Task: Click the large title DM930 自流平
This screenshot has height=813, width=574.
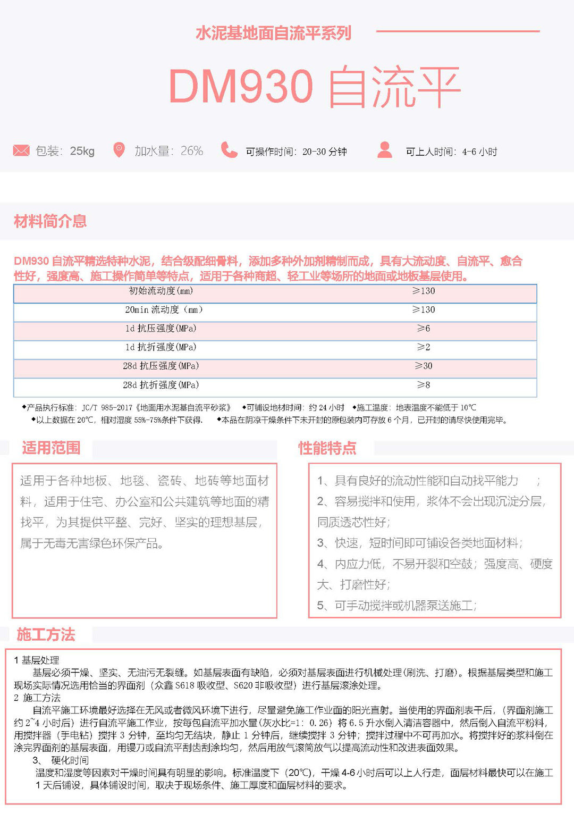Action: tap(314, 87)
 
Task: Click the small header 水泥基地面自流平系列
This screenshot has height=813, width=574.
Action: tap(273, 33)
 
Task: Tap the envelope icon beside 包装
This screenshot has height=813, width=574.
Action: tap(21, 150)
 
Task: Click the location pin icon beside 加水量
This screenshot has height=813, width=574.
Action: tap(119, 150)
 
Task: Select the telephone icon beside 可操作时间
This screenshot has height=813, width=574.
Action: tap(229, 150)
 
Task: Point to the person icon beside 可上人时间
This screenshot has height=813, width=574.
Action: tap(384, 150)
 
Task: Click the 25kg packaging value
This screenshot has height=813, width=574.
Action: tap(82, 151)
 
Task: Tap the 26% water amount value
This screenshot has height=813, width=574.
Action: tap(192, 151)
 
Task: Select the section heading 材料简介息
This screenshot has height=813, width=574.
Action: tap(50, 221)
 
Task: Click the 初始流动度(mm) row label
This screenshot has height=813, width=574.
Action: tap(161, 291)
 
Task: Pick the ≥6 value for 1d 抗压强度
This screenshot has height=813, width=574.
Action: tap(424, 329)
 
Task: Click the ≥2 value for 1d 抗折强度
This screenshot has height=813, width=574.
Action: tap(424, 347)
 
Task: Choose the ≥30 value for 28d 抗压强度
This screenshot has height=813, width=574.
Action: tap(424, 366)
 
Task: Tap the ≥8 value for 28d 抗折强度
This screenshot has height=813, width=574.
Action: tap(424, 385)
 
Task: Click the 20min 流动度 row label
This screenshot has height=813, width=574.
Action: tap(164, 309)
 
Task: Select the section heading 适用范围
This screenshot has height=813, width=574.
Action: tap(51, 448)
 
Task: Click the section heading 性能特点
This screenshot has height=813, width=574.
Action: tap(327, 448)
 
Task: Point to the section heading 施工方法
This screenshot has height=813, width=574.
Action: tap(46, 634)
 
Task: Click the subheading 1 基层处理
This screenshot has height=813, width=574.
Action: tap(37, 660)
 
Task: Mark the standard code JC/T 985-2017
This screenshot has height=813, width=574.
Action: tap(107, 408)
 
